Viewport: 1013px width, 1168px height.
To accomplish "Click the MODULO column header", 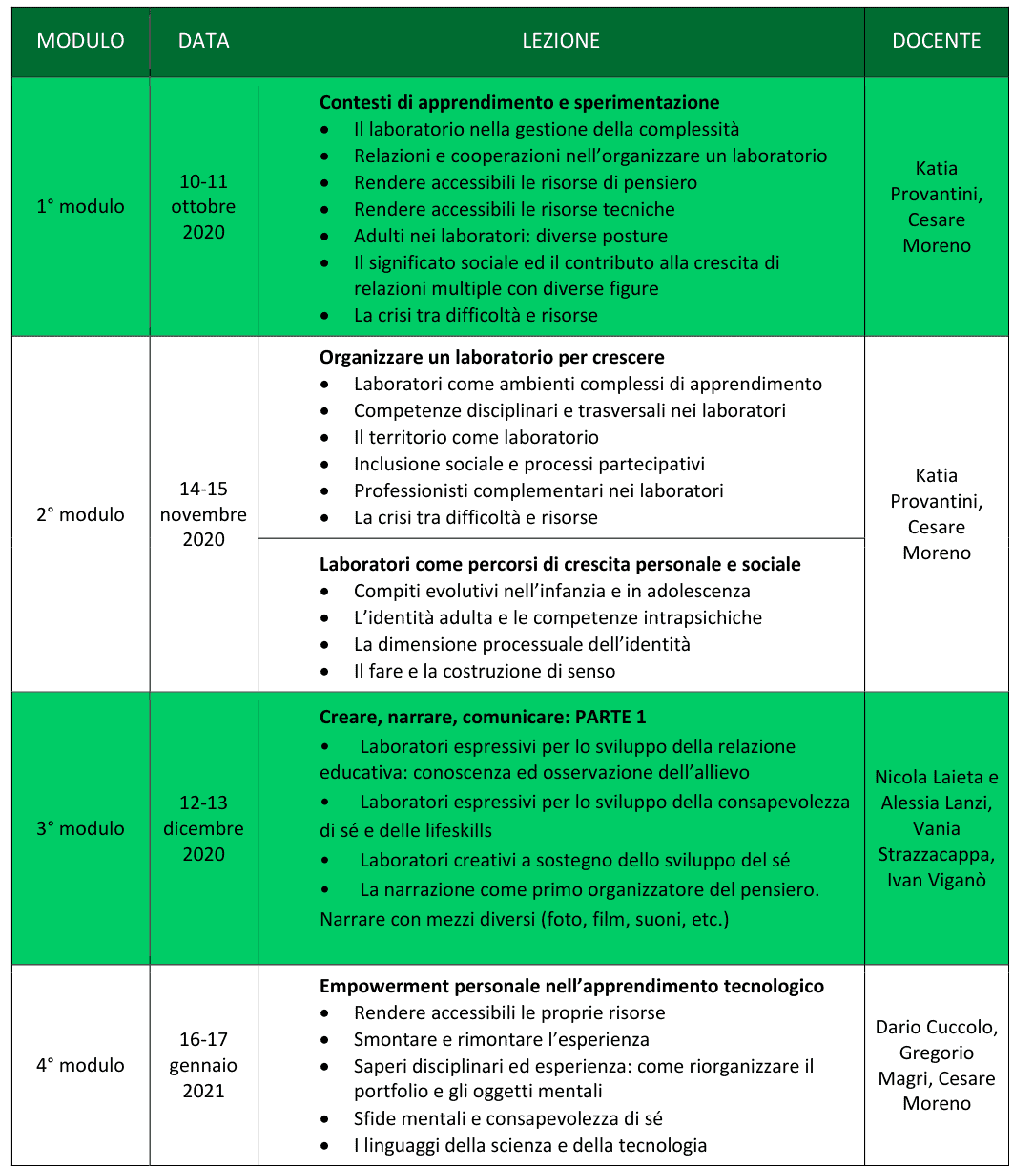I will click(x=80, y=41).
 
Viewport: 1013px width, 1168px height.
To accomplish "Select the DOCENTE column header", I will click(x=936, y=41).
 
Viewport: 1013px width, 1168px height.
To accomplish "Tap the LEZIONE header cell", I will click(x=561, y=41).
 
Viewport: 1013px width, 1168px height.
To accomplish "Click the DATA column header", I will click(x=203, y=41).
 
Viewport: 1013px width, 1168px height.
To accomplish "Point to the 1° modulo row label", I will click(x=80, y=206).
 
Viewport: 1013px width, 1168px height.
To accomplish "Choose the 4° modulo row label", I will click(x=80, y=1065).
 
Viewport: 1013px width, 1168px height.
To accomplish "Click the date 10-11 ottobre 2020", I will click(x=203, y=206).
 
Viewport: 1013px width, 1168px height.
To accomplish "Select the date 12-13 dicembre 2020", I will click(x=203, y=828).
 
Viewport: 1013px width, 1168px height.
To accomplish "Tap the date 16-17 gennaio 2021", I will click(x=203, y=1065).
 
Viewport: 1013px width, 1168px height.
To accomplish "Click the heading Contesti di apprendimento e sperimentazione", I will click(x=519, y=102).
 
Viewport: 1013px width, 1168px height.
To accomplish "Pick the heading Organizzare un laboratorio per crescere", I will click(x=491, y=357).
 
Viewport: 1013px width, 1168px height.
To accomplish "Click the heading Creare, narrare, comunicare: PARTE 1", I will click(x=483, y=717).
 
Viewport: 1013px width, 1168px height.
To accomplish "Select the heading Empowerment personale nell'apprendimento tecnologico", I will click(x=571, y=986).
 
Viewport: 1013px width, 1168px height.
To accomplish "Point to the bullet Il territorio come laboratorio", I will click(x=476, y=437).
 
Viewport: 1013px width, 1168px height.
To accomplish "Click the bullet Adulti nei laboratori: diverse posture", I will click(x=510, y=236).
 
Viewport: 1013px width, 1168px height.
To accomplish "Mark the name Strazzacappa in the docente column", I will click(x=936, y=854).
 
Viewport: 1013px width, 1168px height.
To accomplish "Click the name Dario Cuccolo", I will click(x=936, y=1027).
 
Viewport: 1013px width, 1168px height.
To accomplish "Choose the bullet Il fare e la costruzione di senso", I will click(x=485, y=671).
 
